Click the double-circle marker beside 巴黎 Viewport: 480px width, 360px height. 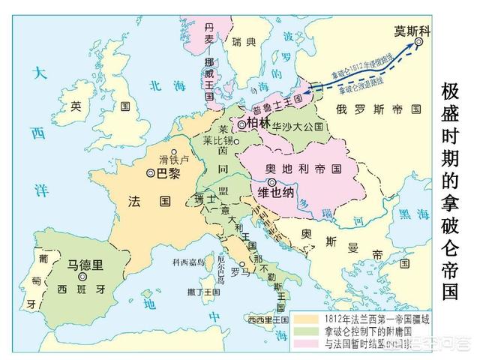coord(151,173)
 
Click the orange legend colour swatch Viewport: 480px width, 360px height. coord(307,317)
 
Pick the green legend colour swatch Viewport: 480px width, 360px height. coord(307,331)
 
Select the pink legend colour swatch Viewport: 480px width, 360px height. coord(307,344)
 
